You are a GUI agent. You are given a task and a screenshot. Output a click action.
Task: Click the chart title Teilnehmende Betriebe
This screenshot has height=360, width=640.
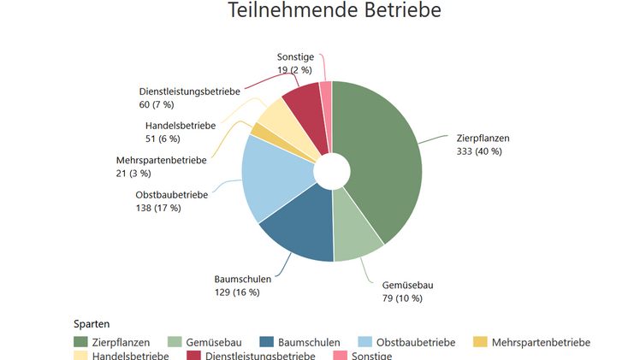[335, 11]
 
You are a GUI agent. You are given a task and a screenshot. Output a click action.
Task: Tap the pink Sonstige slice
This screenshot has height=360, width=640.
[326, 92]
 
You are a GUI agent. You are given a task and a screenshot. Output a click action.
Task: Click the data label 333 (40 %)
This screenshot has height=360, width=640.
[479, 151]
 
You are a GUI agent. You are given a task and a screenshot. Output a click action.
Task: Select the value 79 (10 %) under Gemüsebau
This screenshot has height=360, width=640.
[402, 298]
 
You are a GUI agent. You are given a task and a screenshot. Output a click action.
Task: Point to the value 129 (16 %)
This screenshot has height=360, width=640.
[236, 292]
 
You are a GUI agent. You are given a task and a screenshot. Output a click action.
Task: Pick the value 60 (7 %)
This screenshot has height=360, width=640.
[157, 104]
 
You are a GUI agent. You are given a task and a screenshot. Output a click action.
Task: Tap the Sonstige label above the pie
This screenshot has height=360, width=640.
[296, 56]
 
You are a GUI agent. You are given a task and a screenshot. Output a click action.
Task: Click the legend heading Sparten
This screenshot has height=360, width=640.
[91, 324]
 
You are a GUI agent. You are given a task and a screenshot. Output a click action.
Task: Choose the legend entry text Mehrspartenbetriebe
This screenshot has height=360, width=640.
[541, 342]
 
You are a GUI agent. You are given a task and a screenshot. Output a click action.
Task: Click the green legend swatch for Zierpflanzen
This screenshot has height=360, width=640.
[81, 342]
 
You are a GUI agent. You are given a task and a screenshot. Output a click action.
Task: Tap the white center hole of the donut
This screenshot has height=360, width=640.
[332, 172]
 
